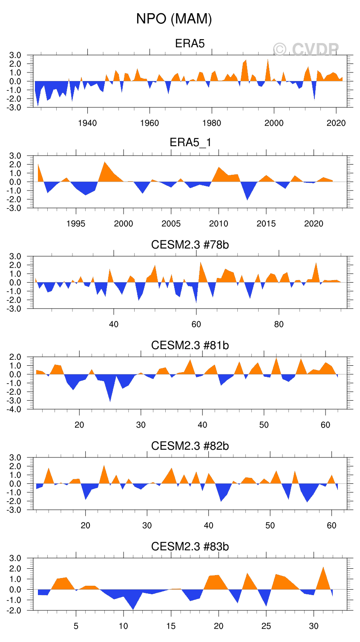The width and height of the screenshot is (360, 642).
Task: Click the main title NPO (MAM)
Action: (174, 19)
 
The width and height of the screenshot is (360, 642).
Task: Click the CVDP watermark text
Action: (306, 50)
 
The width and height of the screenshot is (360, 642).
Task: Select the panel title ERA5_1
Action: (190, 142)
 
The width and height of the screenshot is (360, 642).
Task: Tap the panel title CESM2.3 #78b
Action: (190, 245)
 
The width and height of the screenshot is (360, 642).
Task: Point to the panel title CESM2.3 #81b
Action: (190, 345)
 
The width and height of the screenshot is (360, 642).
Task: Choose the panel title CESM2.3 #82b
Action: (190, 446)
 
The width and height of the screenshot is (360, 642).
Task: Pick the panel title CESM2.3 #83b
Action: (190, 547)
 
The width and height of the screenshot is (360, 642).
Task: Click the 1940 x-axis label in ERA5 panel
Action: (87, 123)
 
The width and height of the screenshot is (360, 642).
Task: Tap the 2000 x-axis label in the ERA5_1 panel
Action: (124, 224)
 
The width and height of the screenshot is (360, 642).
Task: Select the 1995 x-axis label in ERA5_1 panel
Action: (76, 224)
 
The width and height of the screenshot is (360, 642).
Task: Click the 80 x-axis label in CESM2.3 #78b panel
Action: (279, 324)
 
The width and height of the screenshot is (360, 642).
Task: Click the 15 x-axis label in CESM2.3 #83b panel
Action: (171, 626)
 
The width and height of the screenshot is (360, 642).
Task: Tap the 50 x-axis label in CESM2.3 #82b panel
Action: (270, 526)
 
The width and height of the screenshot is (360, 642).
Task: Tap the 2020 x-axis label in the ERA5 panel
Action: (336, 123)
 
